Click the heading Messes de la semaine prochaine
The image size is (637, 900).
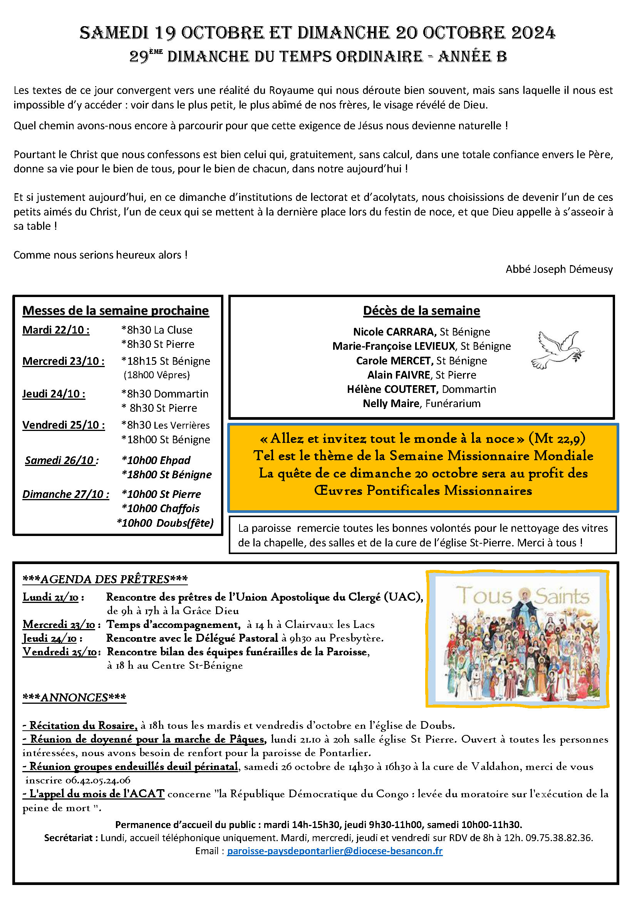coord(116,311)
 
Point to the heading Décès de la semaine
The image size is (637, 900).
coord(421,311)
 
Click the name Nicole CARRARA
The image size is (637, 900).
coord(394,332)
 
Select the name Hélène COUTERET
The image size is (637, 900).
coord(392,389)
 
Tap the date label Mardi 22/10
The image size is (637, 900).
coord(56,330)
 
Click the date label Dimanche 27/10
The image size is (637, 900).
coord(65,494)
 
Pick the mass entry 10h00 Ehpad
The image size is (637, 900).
coord(156,460)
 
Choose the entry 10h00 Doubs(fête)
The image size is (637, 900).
coord(166,523)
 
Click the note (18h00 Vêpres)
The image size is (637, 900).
coord(156,375)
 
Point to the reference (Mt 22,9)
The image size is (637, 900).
coord(557,438)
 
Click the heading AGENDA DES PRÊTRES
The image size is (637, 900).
coord(105,579)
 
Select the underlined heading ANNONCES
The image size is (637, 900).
coord(75,697)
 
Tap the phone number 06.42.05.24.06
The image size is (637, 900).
coord(98,780)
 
